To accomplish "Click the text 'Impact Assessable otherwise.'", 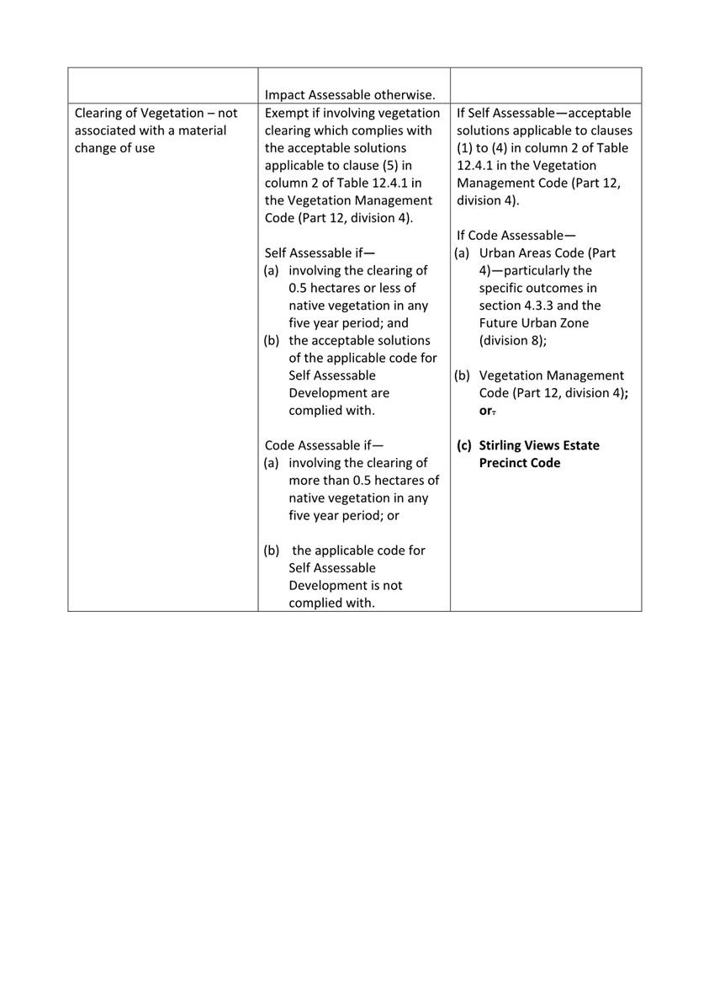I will [350, 93].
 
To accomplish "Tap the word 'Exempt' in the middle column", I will [287, 113].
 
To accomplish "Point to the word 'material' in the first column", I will [198, 132].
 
